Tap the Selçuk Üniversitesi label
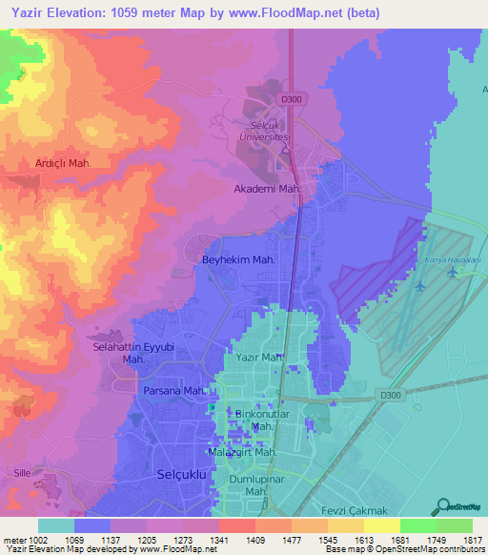[x=262, y=133]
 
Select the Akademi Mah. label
[x=268, y=189]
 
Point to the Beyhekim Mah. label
[x=238, y=259]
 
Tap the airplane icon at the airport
[x=420, y=285]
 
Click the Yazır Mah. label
[x=260, y=358]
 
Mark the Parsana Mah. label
[x=174, y=391]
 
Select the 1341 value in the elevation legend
[x=218, y=539]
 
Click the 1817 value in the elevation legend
[x=472, y=539]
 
